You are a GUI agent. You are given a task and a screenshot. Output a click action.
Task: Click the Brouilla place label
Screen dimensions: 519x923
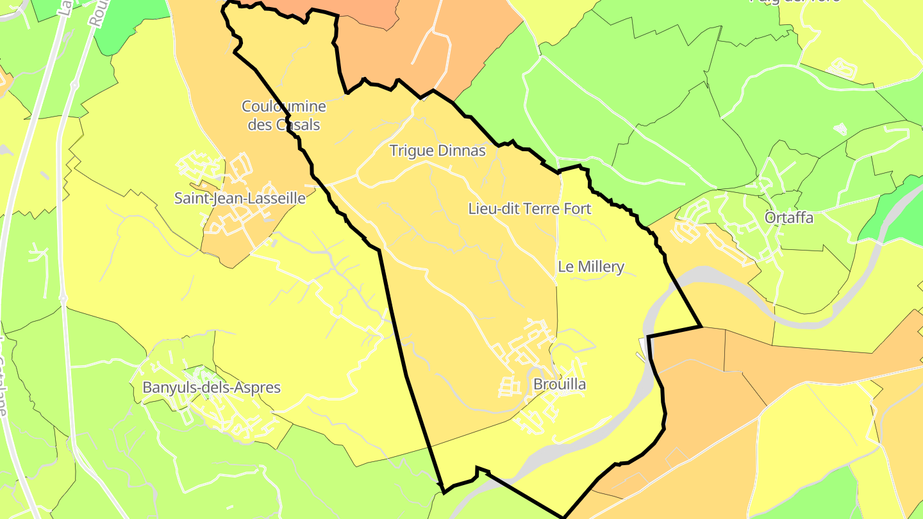click(560, 384)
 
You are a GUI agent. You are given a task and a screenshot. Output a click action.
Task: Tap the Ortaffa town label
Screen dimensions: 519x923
click(789, 218)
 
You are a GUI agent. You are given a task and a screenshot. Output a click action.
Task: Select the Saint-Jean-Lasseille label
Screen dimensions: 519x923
click(240, 199)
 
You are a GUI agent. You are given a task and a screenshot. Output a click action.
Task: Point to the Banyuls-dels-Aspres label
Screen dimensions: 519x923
click(212, 388)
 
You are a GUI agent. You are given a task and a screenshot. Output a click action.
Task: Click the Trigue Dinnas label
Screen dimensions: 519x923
click(438, 151)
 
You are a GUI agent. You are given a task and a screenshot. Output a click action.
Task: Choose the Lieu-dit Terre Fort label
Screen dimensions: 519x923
click(529, 209)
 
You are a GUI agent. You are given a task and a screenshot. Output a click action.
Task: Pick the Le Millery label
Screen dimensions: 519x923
click(591, 267)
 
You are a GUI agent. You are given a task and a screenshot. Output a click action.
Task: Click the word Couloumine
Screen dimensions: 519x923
click(284, 106)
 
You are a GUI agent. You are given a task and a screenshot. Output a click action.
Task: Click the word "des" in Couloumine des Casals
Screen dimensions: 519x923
click(260, 124)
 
